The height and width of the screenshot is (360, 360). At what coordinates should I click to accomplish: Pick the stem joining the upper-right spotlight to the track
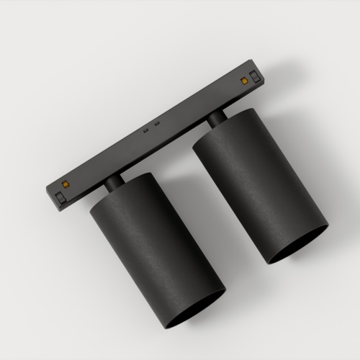tap(216, 121)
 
